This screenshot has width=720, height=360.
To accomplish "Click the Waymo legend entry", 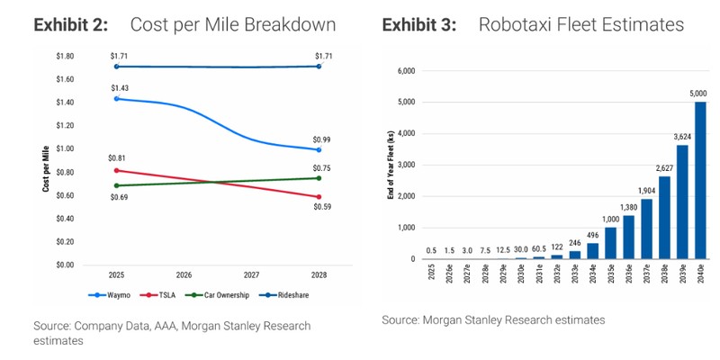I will (x=110, y=294).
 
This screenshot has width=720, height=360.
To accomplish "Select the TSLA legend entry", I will (x=162, y=294).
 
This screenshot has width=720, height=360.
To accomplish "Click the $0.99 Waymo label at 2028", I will (x=320, y=139).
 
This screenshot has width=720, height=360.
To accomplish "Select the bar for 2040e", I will (x=700, y=180).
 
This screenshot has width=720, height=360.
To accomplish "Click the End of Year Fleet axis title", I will (x=390, y=165).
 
